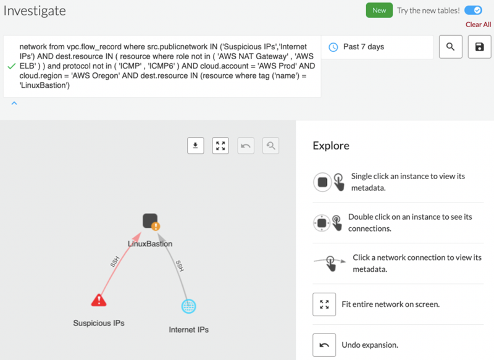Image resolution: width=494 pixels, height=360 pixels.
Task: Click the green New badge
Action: (x=379, y=10)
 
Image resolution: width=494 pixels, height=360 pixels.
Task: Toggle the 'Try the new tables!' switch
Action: (x=473, y=10)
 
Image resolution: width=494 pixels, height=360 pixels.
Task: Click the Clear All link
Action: (x=478, y=25)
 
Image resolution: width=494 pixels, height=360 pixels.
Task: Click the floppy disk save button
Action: (x=479, y=47)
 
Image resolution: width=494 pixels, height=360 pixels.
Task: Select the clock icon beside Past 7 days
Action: (x=333, y=47)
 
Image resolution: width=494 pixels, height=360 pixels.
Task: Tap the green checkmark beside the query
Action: (x=12, y=66)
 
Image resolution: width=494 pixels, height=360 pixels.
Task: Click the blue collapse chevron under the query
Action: (x=14, y=103)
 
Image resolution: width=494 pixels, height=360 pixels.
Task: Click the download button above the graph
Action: (x=196, y=146)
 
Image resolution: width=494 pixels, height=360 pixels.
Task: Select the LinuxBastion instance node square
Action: (x=150, y=220)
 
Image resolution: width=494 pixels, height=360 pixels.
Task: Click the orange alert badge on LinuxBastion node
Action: (x=156, y=226)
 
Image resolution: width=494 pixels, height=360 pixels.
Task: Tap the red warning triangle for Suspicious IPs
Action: (x=99, y=300)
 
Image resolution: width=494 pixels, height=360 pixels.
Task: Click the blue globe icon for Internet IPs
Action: (x=189, y=306)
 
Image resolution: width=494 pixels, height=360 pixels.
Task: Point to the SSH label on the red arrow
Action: (x=115, y=261)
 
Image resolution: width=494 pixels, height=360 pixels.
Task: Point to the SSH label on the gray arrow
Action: (x=180, y=266)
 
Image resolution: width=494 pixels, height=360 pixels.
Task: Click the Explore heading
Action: (x=331, y=146)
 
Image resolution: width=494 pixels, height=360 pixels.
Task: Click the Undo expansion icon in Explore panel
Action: (x=324, y=345)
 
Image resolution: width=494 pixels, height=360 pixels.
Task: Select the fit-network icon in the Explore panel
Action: (x=324, y=304)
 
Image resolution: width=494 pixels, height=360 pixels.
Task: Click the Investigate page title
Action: (x=35, y=11)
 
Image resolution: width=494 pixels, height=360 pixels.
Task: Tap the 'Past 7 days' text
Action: (x=364, y=46)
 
